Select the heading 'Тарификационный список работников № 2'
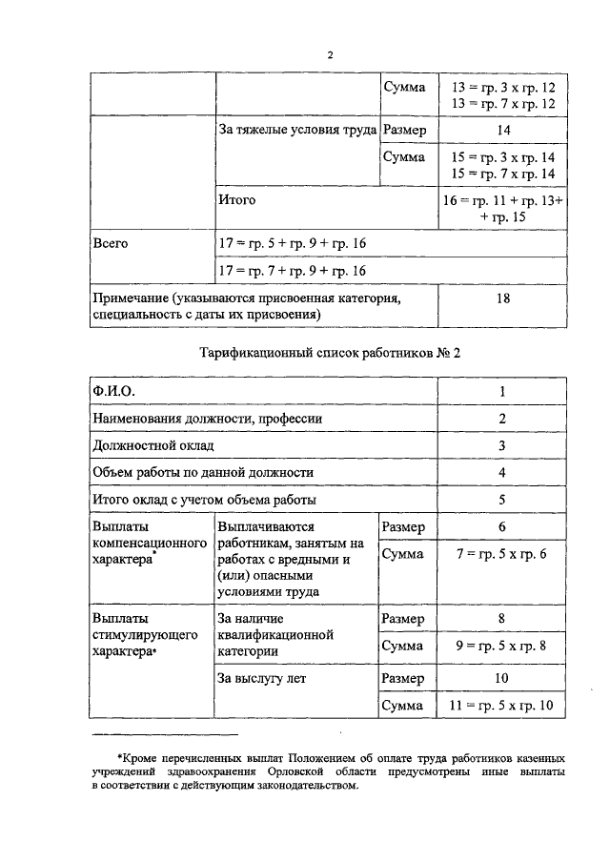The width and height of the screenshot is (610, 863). tap(330, 353)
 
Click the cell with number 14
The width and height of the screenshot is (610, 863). tap(504, 130)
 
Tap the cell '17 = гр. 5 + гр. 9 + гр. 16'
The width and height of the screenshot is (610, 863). tap(294, 244)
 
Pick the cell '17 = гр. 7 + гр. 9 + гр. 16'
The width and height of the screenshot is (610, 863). tap(294, 272)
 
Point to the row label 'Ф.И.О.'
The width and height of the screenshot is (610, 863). tap(112, 391)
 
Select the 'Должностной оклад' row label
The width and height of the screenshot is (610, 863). tap(152, 445)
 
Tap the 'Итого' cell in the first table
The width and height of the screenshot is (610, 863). tap(237, 201)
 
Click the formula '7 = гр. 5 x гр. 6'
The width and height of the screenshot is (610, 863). tap(504, 555)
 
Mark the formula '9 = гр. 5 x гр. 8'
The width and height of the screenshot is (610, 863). tap(504, 647)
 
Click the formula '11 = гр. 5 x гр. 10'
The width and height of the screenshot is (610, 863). tap(504, 707)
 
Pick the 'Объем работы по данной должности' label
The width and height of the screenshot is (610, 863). tap(203, 472)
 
